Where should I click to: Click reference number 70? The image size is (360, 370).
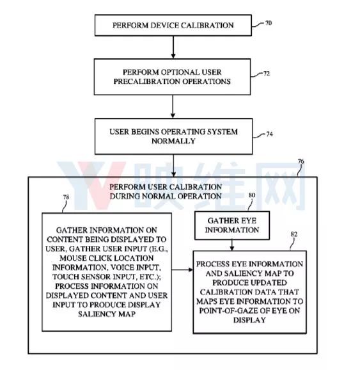click(269, 23)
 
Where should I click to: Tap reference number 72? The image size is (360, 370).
click(267, 74)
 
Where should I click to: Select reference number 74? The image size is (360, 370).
click(269, 134)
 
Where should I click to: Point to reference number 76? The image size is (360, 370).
click(301, 162)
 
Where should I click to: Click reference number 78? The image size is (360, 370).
click(66, 197)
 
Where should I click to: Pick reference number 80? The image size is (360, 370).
click(252, 195)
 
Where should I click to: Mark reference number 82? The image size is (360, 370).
click(294, 234)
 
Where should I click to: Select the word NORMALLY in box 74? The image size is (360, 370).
click(173, 141)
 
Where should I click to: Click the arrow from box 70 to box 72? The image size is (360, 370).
click(173, 47)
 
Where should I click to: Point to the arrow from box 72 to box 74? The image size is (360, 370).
click(173, 106)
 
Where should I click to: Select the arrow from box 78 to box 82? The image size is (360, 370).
click(182, 269)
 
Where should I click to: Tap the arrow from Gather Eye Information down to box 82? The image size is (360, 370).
click(232, 245)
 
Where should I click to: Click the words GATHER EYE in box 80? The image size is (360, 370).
click(231, 221)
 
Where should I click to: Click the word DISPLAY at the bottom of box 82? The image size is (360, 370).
click(249, 320)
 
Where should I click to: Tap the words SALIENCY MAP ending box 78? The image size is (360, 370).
click(107, 314)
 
